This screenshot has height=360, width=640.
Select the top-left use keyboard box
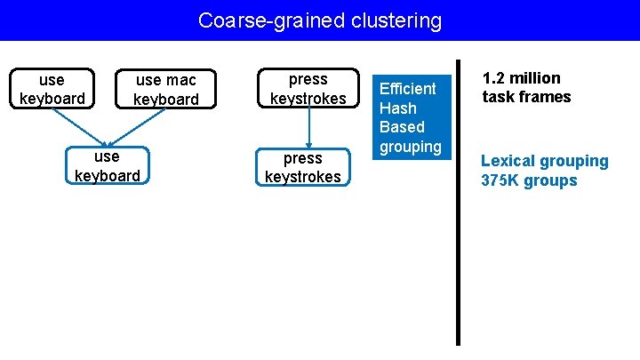[52, 89]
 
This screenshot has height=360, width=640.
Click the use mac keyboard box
[166, 90]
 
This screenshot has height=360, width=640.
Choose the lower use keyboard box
[107, 166]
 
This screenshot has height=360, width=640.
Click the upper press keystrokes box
[308, 89]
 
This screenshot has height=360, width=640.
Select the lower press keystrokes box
[302, 167]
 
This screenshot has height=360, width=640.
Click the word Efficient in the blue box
[408, 88]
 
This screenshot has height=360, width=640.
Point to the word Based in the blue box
[402, 127]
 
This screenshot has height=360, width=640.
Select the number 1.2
[495, 77]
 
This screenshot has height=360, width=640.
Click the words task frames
[526, 97]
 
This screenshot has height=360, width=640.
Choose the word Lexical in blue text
[508, 161]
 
